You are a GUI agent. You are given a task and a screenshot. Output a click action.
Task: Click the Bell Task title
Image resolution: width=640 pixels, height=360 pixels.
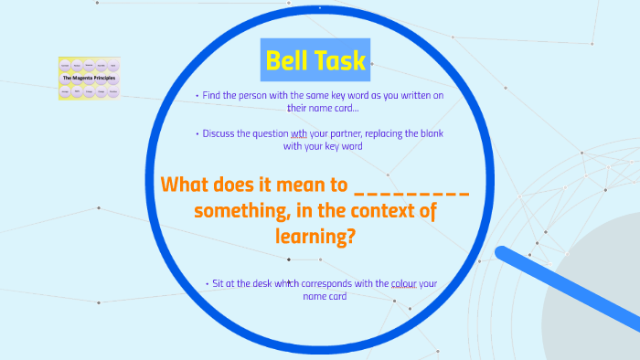coord(315,60)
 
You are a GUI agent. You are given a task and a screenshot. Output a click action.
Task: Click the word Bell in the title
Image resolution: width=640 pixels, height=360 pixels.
coord(285,60)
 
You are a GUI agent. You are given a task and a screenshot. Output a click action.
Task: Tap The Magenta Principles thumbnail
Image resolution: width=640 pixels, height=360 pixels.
coord(89,79)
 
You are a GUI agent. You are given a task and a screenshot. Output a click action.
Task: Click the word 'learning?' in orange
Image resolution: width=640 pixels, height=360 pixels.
coord(315,236)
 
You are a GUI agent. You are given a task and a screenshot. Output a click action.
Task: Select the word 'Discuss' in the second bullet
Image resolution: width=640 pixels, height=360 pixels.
coord(222,133)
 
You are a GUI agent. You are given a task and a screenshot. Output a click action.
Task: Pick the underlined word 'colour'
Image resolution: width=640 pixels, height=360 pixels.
coord(403,283)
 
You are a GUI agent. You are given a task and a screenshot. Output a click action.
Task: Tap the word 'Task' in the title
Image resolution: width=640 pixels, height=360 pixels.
coord(339,60)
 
